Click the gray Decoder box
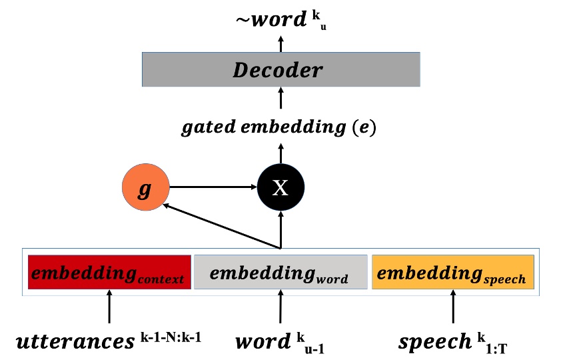click(280, 70)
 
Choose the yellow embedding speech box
click(453, 273)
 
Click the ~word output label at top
click(269, 20)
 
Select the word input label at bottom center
click(263, 342)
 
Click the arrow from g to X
click(213, 187)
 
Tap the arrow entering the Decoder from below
click(280, 99)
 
